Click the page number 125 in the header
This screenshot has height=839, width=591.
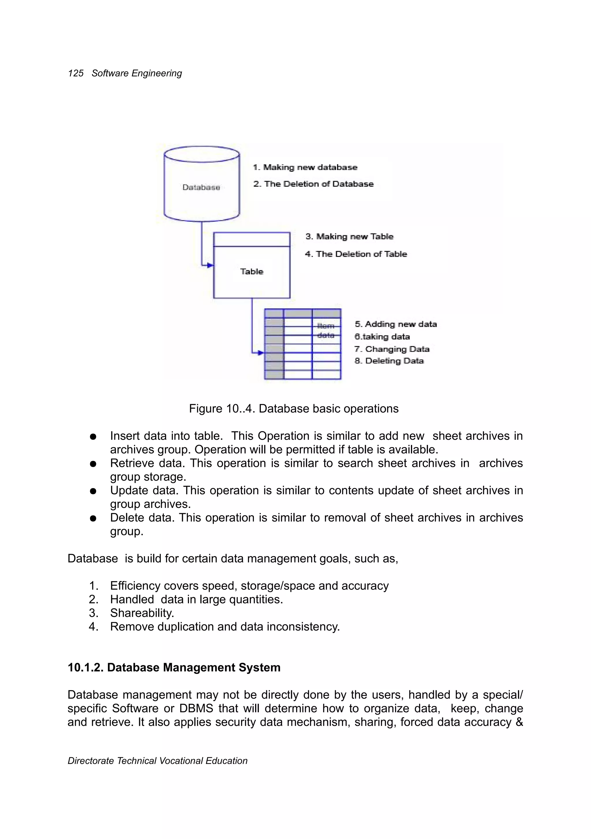76,73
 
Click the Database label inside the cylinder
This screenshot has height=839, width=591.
201,187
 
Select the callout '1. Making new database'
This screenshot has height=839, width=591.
305,167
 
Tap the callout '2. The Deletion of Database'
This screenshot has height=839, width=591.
313,184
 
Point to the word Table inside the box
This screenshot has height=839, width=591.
252,271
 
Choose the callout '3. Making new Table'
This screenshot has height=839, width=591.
349,237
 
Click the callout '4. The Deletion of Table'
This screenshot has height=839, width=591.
356,254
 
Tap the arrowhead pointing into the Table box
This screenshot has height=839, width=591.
210,265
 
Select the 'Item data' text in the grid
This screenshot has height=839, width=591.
326,330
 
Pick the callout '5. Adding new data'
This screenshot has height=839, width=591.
396,325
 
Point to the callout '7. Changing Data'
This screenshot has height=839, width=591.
392,349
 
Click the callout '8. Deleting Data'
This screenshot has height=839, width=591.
389,361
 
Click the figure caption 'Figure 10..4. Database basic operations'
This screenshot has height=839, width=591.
294,409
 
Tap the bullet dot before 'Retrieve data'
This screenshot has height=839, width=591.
93,464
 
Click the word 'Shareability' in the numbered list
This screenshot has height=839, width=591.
142,613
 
